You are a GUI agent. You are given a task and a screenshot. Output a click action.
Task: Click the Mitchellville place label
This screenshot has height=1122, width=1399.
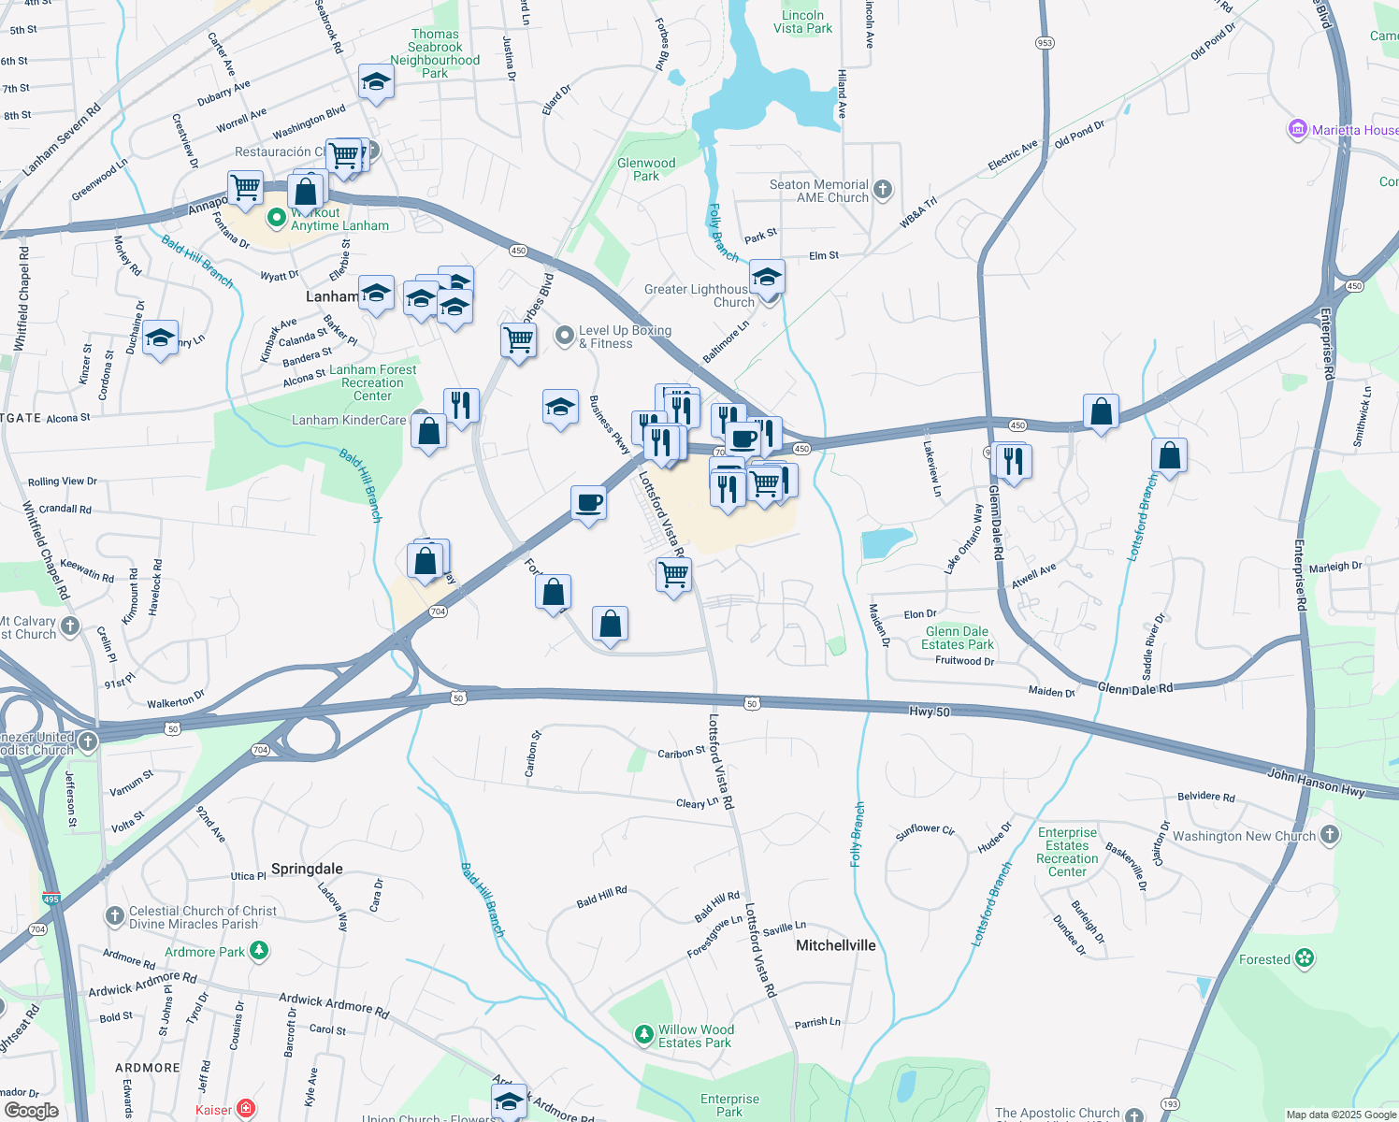835,945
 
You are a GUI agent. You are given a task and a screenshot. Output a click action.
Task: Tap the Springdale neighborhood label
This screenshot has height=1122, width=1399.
307,869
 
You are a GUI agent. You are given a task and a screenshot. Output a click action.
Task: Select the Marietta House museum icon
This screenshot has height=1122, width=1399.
1297,129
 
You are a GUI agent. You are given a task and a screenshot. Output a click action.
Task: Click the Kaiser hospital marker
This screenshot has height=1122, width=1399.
245,1110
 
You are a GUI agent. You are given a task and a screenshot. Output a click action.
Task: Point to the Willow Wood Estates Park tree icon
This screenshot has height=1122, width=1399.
643,1034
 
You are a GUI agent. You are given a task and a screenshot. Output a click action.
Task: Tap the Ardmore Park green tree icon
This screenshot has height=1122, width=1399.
259,951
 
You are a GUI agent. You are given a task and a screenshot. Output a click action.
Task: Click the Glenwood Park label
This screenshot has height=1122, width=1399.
646,169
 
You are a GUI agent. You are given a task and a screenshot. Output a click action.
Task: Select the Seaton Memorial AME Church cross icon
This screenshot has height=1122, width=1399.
882,191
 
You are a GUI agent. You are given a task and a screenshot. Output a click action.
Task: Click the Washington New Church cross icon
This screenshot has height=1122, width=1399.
1330,836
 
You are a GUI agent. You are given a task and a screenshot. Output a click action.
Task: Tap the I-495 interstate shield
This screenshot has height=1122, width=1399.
50,899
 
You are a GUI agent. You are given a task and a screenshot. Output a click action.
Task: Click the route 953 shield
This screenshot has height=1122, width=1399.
1045,43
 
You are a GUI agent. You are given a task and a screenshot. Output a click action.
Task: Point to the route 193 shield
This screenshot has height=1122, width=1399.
1169,1104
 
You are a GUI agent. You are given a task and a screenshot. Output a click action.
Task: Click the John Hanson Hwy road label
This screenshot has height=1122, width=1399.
1316,783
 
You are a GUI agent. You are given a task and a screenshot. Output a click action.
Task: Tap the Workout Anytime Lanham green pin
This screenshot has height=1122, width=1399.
276,219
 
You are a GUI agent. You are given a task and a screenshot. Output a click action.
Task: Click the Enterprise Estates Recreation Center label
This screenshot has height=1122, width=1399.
1067,852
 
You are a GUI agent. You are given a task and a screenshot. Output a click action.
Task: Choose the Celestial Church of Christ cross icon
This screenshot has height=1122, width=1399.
114,916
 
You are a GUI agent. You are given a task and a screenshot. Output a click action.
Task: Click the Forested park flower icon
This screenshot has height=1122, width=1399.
1305,958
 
